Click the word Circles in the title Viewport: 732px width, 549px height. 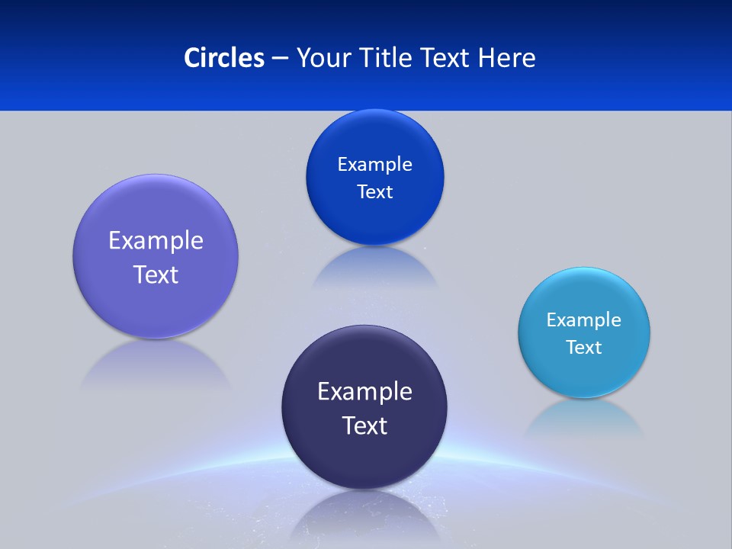coord(223,57)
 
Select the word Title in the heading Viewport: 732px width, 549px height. coord(388,57)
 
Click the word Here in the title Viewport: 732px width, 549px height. coord(507,57)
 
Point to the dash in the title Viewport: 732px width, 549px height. coord(280,58)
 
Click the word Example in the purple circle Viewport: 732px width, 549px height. coord(156,241)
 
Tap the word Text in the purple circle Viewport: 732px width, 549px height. coord(156,274)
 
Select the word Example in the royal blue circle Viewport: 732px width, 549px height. coord(374,164)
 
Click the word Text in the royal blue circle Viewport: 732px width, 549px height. coord(374,192)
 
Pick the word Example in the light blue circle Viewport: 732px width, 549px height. coord(583,319)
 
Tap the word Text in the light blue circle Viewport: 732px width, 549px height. coord(583,348)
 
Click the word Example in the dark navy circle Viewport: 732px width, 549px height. coord(364,391)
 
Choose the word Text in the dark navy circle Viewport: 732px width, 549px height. coord(364,425)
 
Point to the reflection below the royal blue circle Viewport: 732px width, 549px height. coord(374,267)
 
